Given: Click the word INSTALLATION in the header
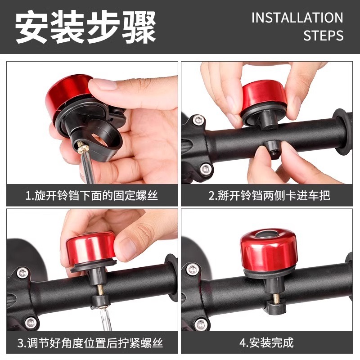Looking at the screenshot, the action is pyautogui.click(x=297, y=18).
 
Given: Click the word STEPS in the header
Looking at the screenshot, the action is pyautogui.click(x=323, y=36).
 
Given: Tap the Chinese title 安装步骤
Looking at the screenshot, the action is pyautogui.click(x=85, y=27).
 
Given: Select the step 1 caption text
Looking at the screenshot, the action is pyautogui.click(x=92, y=196).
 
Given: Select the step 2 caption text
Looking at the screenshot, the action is pyautogui.click(x=269, y=196).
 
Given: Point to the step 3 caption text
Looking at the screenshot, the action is pyautogui.click(x=90, y=343).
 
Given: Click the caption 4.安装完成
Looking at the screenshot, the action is pyautogui.click(x=266, y=343).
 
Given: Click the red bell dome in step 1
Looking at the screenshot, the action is pyautogui.click(x=67, y=92).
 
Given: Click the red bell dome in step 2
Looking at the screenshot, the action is pyautogui.click(x=264, y=94).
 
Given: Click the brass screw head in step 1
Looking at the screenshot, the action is pyautogui.click(x=83, y=149).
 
